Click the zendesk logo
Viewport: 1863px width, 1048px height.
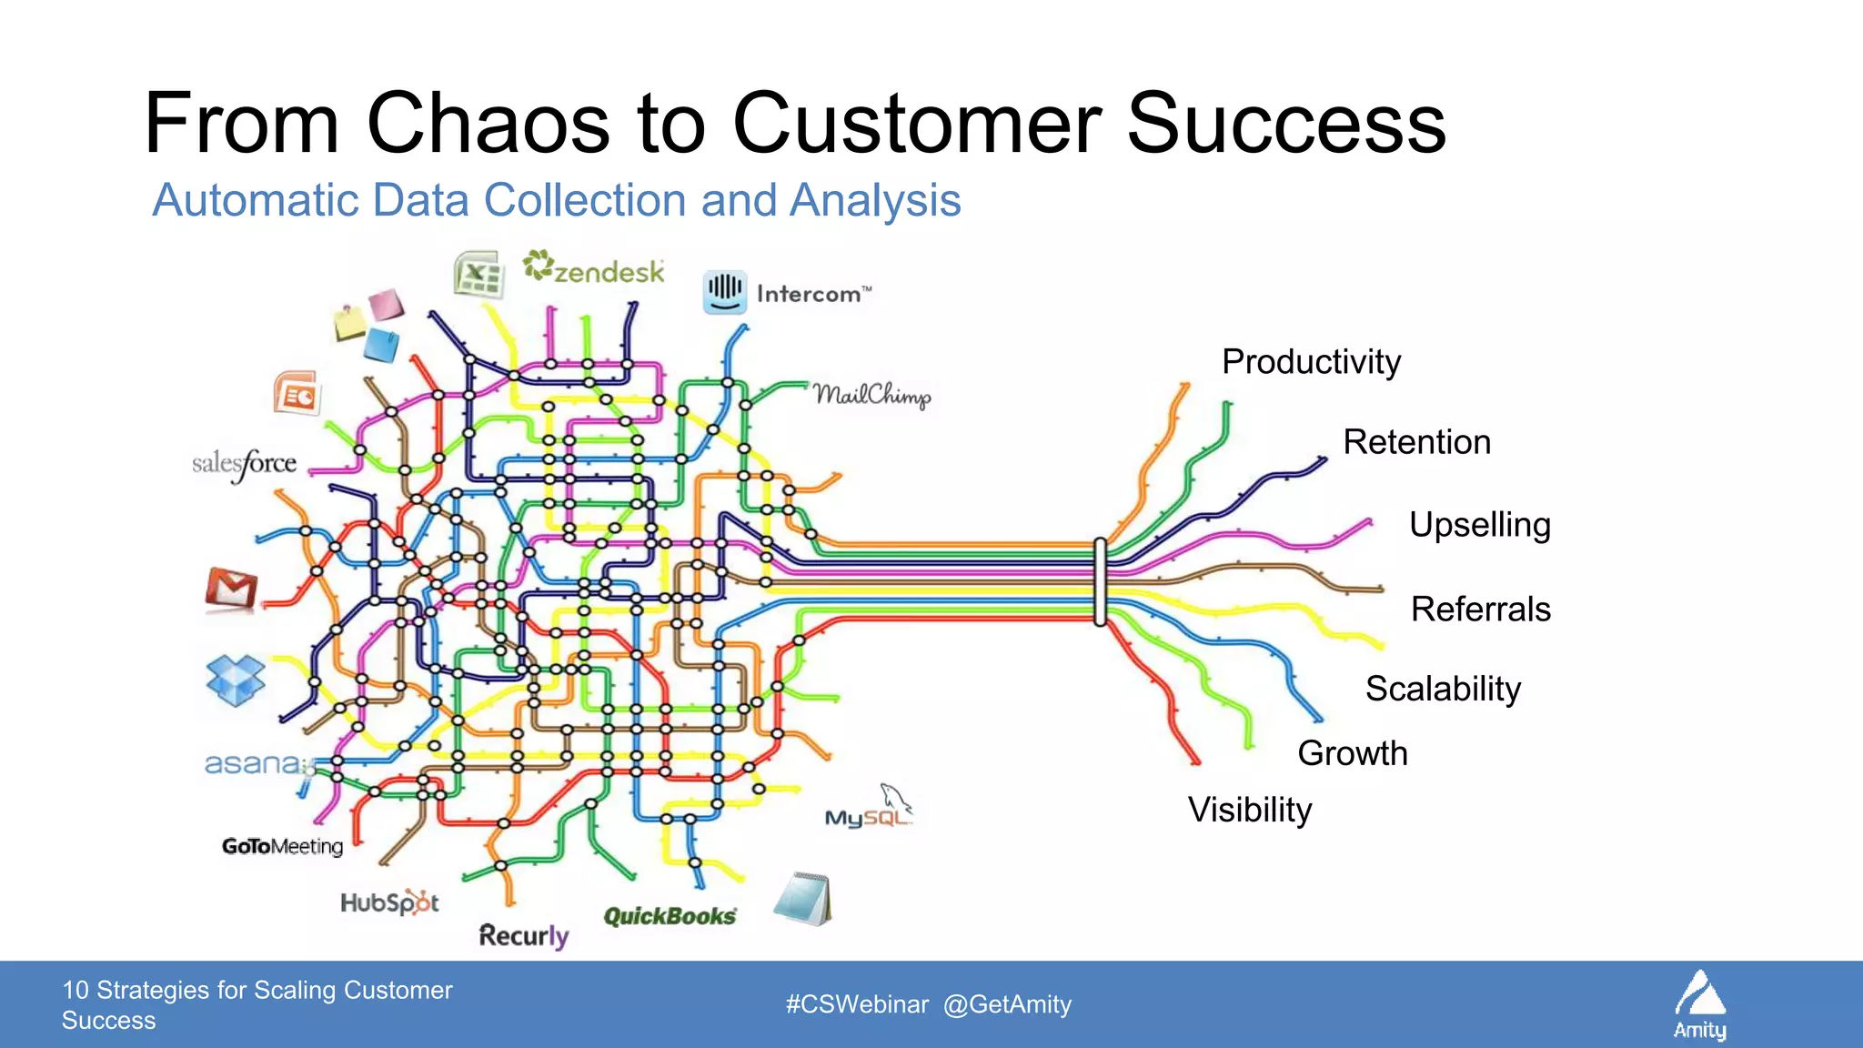pos(595,268)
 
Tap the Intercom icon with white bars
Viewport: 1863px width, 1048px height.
pos(725,292)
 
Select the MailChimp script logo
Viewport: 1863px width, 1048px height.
pos(871,395)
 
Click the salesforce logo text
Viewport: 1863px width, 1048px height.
pos(245,465)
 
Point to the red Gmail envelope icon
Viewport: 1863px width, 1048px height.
pos(231,589)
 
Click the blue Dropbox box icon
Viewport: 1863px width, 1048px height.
pos(236,680)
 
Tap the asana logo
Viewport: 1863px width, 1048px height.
pos(252,763)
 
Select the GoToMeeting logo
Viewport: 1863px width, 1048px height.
pos(282,846)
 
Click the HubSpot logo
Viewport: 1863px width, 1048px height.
pos(389,902)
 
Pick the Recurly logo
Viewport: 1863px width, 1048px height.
pos(523,935)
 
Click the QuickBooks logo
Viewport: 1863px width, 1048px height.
pos(670,916)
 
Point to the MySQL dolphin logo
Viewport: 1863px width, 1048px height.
pos(869,808)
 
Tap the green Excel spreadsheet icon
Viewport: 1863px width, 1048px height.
pos(478,274)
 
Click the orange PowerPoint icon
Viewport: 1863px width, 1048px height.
pos(297,394)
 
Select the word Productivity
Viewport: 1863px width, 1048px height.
pos(1311,362)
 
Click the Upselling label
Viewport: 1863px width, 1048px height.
pos(1479,525)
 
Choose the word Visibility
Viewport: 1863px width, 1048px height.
pos(1250,810)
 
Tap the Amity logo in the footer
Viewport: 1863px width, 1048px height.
pos(1699,1004)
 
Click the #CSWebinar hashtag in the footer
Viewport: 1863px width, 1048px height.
pos(857,1004)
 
